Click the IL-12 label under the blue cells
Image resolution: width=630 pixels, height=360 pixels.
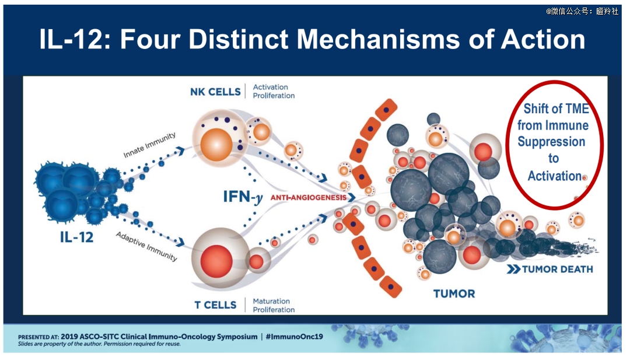click(77, 237)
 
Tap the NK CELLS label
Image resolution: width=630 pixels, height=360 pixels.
click(215, 92)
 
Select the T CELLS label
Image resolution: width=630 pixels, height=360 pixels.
click(215, 305)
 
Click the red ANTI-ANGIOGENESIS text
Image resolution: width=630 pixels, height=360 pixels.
click(308, 197)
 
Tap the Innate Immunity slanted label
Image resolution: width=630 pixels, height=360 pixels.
click(149, 145)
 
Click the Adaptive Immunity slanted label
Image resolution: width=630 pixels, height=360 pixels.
click(146, 246)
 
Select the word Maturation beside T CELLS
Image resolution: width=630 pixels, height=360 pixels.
click(271, 301)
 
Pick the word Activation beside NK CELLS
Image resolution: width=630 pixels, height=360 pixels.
click(271, 87)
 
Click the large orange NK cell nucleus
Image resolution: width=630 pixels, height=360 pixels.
click(216, 145)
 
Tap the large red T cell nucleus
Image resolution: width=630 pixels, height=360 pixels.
click(216, 261)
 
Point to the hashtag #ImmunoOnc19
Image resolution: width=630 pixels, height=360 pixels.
click(294, 336)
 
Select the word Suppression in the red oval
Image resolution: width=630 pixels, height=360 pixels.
click(551, 142)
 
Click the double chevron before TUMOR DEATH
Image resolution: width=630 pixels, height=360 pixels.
click(513, 269)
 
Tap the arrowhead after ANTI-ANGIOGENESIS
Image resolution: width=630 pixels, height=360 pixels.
click(352, 197)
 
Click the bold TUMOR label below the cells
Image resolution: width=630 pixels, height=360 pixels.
click(454, 293)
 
